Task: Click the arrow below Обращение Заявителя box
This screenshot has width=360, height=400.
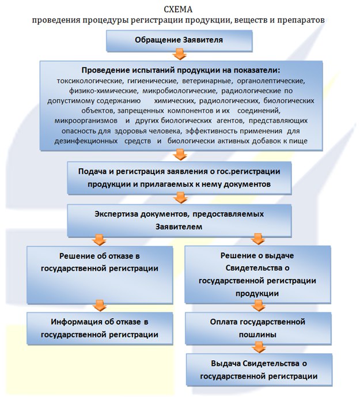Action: (x=180, y=54)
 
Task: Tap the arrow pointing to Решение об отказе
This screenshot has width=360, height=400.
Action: (x=100, y=239)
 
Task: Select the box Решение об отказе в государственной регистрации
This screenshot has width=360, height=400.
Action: (x=100, y=274)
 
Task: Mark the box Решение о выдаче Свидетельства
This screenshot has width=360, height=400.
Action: (x=257, y=274)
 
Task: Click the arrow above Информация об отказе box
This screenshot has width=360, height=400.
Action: (x=100, y=304)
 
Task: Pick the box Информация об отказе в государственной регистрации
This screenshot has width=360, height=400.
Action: (x=100, y=327)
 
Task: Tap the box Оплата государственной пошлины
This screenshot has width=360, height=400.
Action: (x=257, y=327)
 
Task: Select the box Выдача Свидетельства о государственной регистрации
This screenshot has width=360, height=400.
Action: (x=257, y=369)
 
